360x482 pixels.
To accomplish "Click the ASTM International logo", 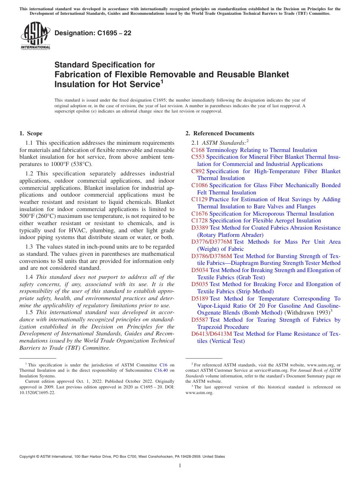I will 35,36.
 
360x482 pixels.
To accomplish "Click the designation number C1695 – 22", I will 93,33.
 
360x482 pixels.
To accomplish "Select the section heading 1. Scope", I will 31,133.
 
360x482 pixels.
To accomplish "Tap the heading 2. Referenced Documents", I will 220,133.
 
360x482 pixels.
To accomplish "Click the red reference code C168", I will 198,150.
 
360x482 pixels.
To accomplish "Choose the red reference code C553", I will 198,157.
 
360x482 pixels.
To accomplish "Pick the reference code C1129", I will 199,199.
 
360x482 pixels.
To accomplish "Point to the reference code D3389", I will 200,228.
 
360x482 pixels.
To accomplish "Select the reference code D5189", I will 200,299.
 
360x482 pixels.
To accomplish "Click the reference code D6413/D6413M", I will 211,334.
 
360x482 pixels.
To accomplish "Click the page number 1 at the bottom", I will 180,465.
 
